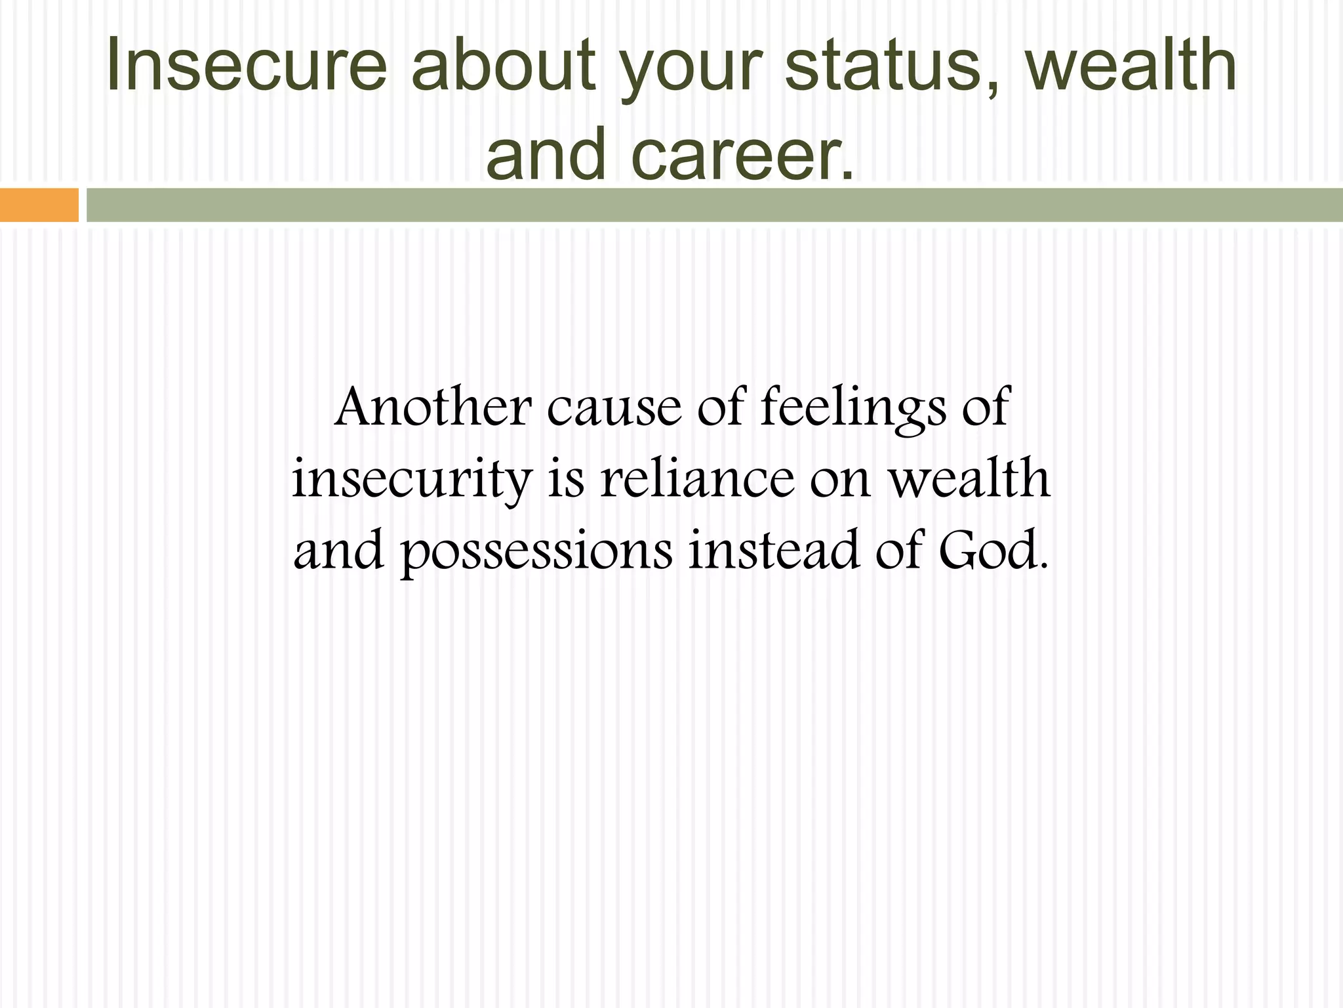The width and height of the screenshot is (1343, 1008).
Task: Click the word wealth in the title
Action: click(1131, 64)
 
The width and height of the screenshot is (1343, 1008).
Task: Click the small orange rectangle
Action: click(39, 205)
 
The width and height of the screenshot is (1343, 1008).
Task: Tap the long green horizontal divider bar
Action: click(714, 205)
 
